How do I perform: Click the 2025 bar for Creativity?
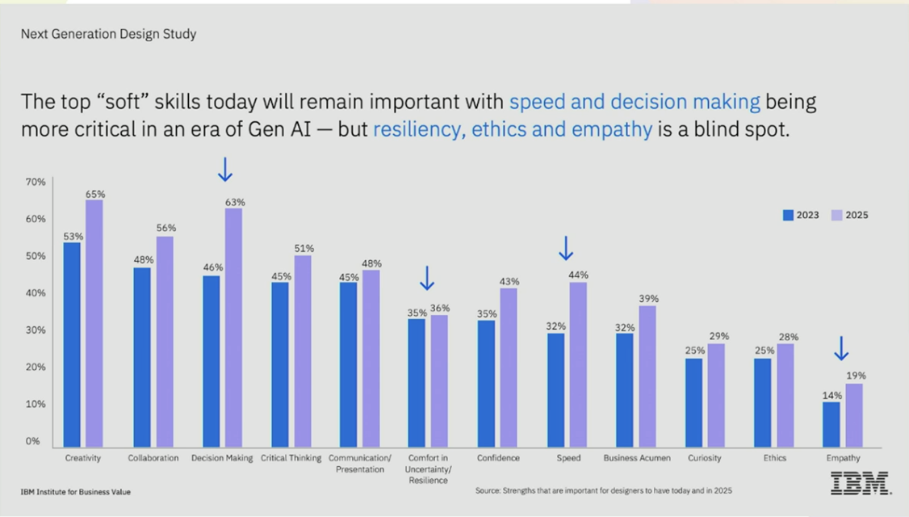(x=94, y=323)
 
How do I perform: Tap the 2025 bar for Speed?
(x=578, y=364)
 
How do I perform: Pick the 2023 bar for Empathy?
(x=832, y=424)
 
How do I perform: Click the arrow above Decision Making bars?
(x=225, y=169)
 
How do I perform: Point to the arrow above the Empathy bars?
(x=841, y=348)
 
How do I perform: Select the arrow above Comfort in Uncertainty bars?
(x=427, y=278)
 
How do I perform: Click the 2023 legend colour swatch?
(x=788, y=215)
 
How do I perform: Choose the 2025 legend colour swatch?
(x=837, y=215)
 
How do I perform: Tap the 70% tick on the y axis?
(x=36, y=183)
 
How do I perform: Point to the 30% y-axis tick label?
(x=36, y=330)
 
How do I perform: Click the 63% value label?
(x=235, y=202)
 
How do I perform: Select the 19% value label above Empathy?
(x=856, y=376)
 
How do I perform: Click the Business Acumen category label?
(x=637, y=458)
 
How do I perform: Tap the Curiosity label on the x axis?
(x=705, y=458)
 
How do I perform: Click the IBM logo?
(x=861, y=483)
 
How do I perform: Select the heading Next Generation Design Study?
(x=108, y=34)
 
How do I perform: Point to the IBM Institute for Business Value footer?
(x=75, y=492)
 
